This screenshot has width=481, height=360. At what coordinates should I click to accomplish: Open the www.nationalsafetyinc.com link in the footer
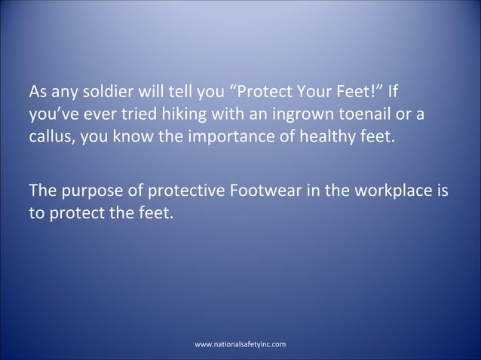(240, 344)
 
